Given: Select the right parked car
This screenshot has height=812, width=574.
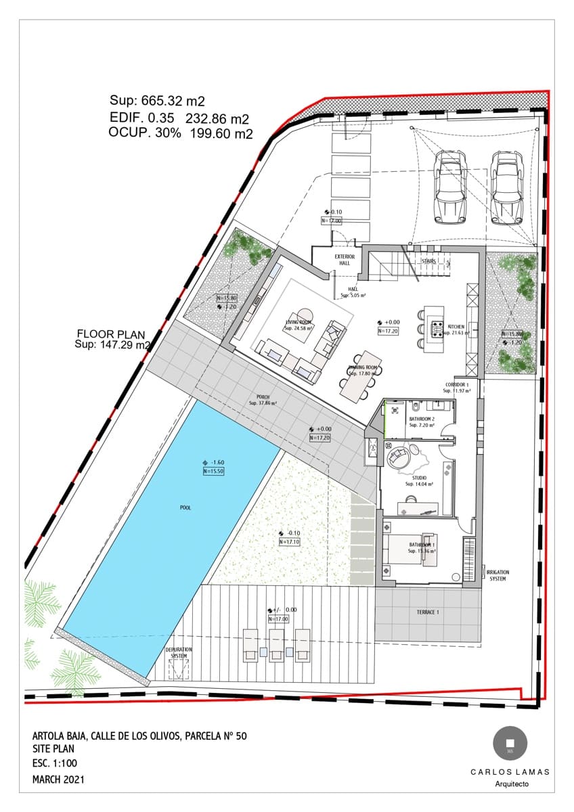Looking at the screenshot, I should (507, 186).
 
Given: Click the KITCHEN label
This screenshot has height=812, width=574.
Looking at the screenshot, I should (456, 327).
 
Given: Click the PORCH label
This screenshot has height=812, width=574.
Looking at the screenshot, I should (263, 397).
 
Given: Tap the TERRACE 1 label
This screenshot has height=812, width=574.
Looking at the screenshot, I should (428, 612).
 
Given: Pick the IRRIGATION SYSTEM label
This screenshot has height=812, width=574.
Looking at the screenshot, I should (498, 575).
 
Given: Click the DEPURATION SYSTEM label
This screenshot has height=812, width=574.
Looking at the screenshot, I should (179, 652).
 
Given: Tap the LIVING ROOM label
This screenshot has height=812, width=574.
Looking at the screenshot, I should (298, 323).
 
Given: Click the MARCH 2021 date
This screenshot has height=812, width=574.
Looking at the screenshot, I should (59, 780).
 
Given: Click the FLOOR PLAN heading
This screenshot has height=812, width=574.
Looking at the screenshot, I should (110, 334).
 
